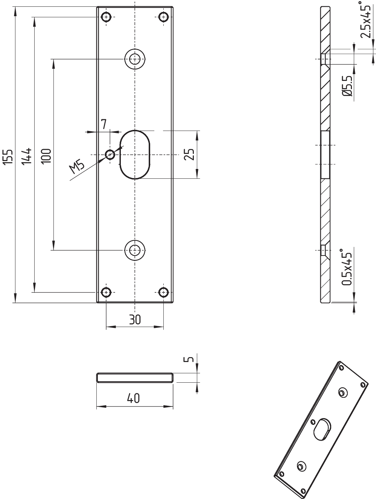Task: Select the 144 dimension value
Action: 26,156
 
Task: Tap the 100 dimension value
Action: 46,156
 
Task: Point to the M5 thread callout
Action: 77,168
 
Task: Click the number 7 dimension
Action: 104,124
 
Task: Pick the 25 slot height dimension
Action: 189,154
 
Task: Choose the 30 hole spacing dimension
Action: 135,319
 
